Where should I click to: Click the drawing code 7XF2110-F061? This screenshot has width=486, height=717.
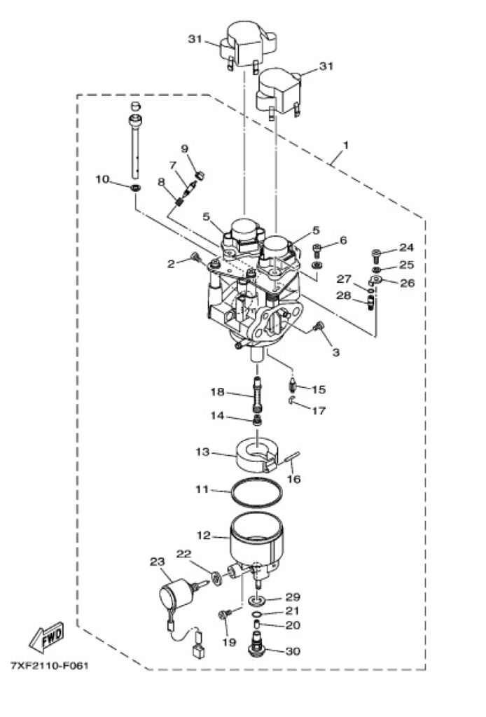[x=50, y=665]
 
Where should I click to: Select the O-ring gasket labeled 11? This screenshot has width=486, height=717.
[x=256, y=492]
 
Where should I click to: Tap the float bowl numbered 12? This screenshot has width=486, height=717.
[x=256, y=544]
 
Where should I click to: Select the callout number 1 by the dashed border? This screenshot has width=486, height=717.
[x=346, y=146]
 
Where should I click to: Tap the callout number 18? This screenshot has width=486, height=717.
[x=218, y=391]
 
